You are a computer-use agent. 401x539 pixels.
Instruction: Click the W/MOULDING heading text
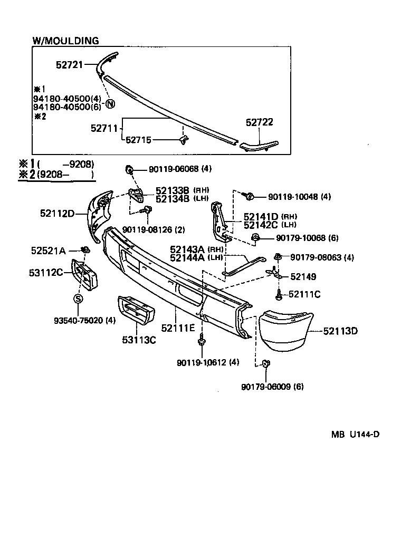click(x=65, y=41)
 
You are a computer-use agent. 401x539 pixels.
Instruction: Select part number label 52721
click(x=70, y=65)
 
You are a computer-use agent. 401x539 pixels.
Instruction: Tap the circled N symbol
click(x=110, y=103)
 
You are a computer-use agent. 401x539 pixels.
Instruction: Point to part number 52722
click(x=259, y=122)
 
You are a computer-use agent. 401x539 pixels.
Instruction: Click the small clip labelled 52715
click(x=184, y=139)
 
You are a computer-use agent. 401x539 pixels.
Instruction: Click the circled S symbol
click(x=78, y=299)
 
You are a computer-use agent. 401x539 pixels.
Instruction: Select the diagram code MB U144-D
click(x=355, y=435)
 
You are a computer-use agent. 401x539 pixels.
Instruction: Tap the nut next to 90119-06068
click(x=128, y=169)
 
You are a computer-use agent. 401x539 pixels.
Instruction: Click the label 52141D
click(x=261, y=217)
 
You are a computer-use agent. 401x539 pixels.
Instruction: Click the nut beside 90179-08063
click(x=277, y=257)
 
